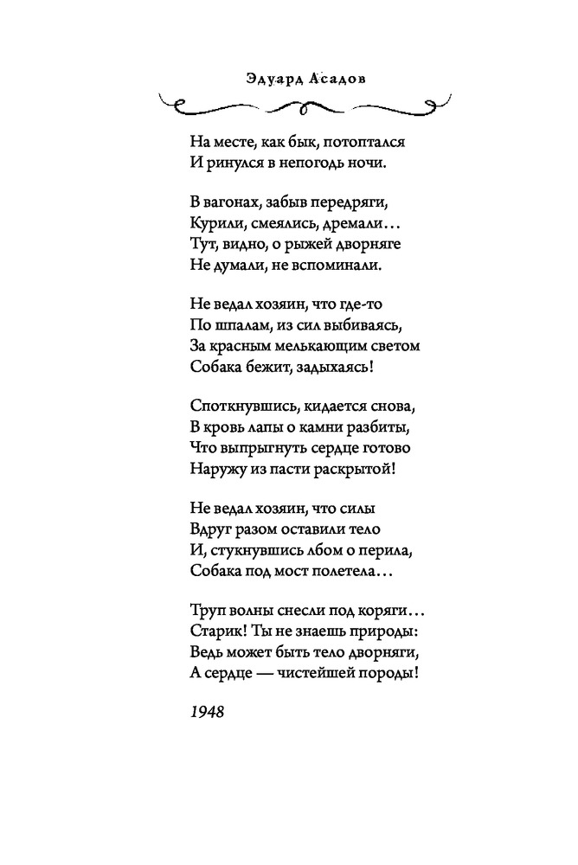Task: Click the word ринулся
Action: pos(228,162)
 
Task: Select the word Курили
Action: pos(211,225)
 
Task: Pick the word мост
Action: pos(286,572)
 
